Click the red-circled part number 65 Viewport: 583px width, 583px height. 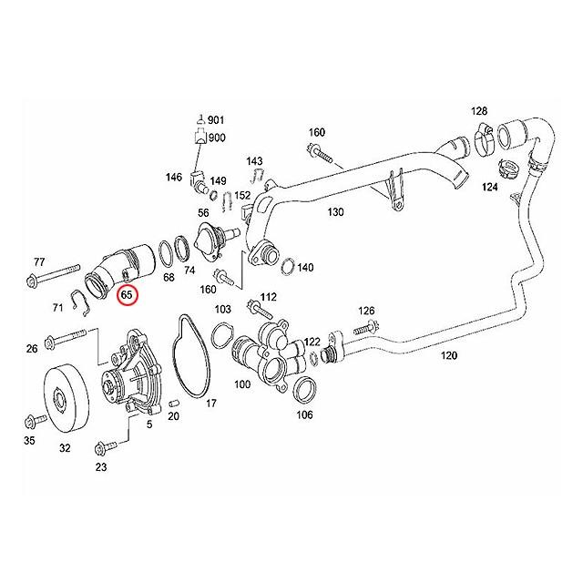[x=127, y=295]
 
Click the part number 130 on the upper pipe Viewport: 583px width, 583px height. [x=336, y=212]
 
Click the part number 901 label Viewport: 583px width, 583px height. [x=217, y=120]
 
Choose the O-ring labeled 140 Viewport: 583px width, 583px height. [x=285, y=267]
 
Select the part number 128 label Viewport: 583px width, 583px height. [x=479, y=111]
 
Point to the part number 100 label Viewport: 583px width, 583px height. [x=242, y=384]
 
